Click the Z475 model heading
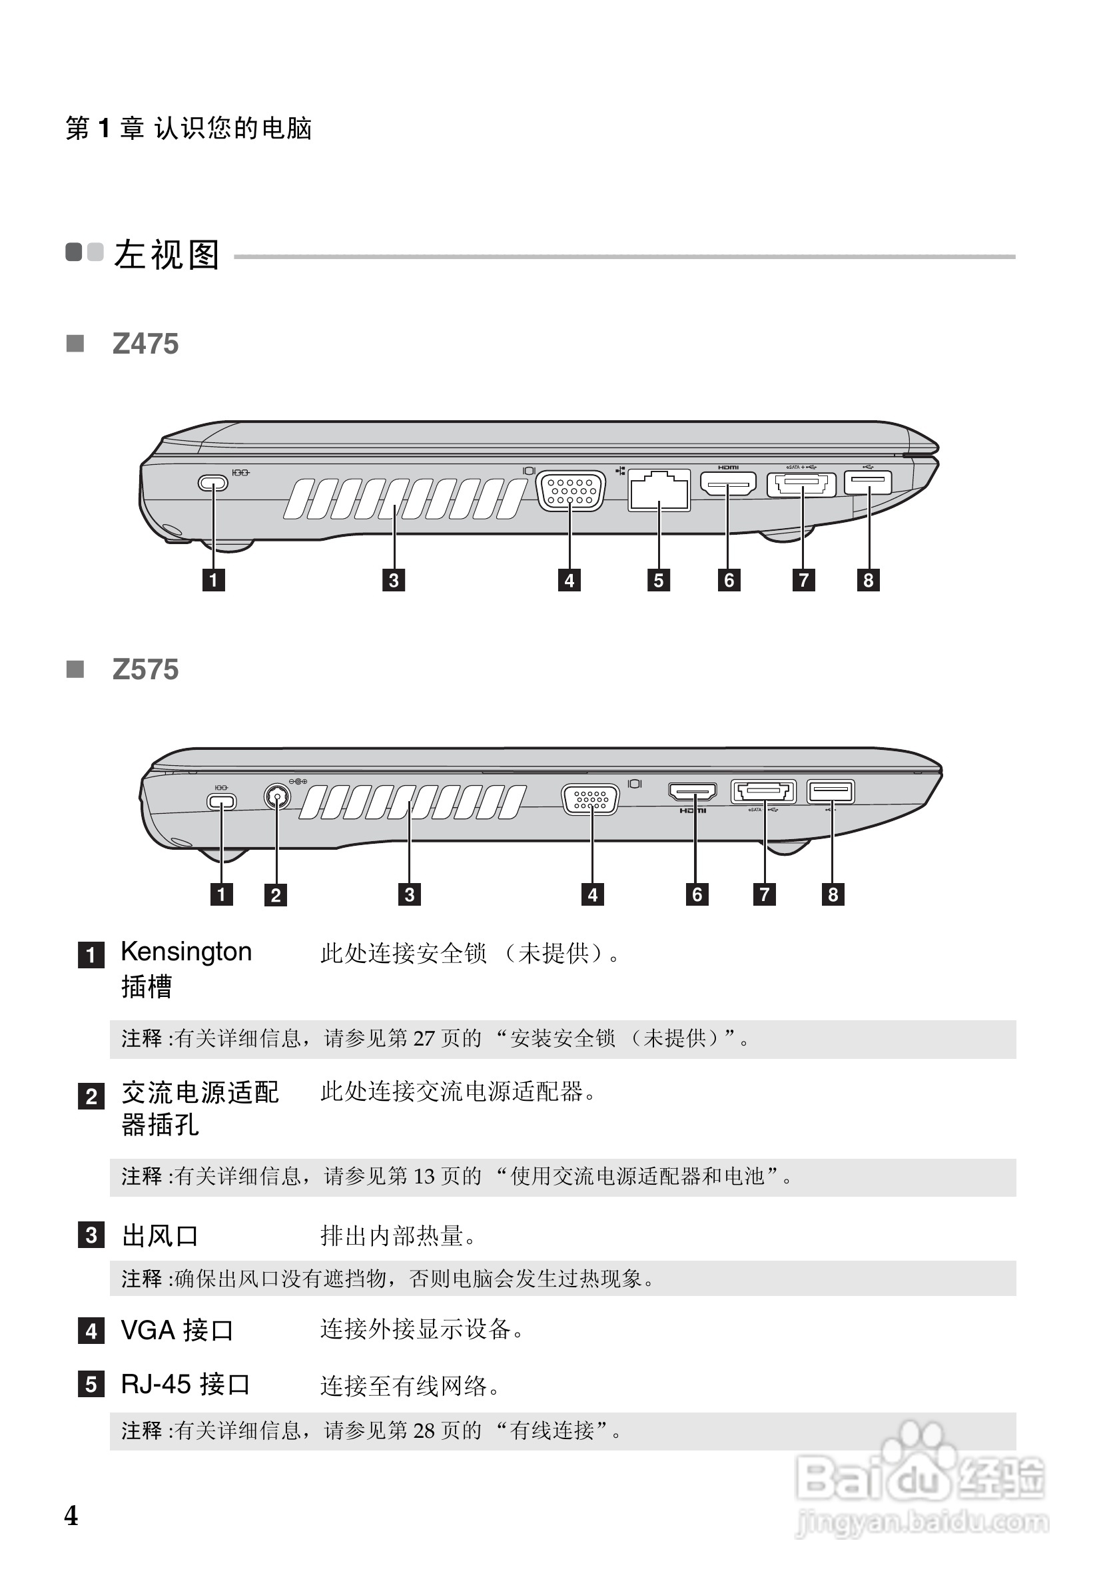point(145,344)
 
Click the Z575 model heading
point(145,669)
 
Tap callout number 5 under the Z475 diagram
point(659,580)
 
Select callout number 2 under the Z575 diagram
point(276,894)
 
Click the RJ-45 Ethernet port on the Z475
point(659,489)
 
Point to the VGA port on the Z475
point(570,490)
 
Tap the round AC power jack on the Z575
point(277,796)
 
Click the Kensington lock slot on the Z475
point(212,482)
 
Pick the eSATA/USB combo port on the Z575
point(763,791)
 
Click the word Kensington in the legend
point(186,951)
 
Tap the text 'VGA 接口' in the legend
point(177,1331)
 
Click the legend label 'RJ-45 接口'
point(185,1384)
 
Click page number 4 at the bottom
point(71,1516)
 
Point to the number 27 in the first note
point(424,1038)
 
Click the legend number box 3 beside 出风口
point(91,1235)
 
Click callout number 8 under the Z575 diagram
point(833,894)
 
